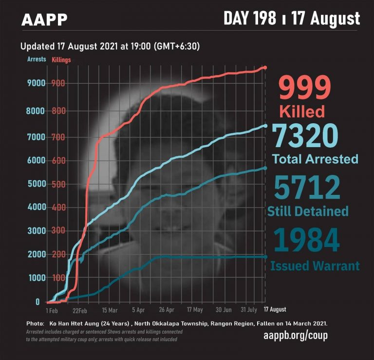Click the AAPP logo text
pos(44,20)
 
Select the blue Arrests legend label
pos(36,59)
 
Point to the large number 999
pos(304,88)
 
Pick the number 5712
pos(307,188)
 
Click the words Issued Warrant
pos(315,266)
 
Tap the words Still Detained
pos(308,211)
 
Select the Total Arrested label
pos(315,159)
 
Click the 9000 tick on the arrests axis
pos(37,83)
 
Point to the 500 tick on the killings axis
pos(58,184)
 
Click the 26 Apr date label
pos(167,310)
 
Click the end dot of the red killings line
pos(265,67)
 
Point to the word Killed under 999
pos(302,111)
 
